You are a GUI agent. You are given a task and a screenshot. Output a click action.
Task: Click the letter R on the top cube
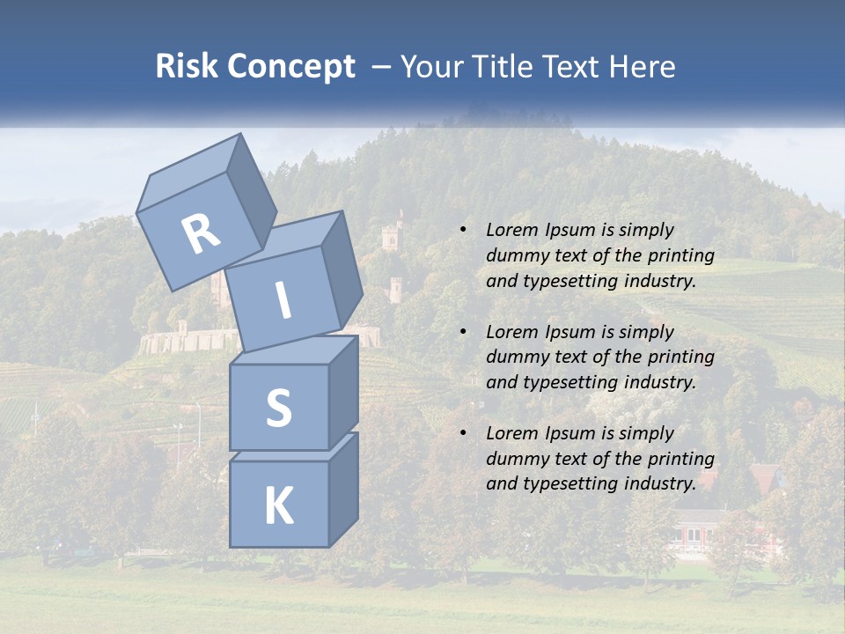[x=201, y=234]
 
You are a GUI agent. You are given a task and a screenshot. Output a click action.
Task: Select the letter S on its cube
[x=278, y=407]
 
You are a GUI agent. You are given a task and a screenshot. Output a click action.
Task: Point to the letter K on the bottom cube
[x=278, y=506]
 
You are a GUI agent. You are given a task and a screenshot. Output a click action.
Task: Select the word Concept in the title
[x=290, y=68]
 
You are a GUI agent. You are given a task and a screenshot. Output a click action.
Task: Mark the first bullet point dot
[x=463, y=230]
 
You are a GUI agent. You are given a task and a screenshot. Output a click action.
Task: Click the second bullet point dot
[x=463, y=332]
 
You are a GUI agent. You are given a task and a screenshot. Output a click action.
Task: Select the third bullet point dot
[x=463, y=433]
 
